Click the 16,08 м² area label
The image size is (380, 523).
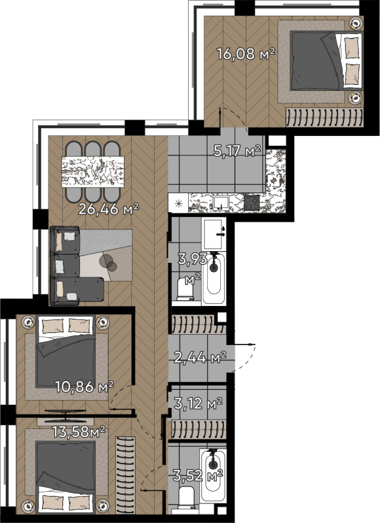click(x=246, y=54)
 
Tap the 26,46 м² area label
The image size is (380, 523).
click(x=108, y=209)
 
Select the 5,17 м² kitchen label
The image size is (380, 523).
click(x=237, y=151)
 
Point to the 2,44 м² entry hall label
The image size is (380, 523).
click(x=200, y=358)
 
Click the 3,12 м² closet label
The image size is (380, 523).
click(x=198, y=403)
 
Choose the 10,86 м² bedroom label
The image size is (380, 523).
click(x=85, y=387)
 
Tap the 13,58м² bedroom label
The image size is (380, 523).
click(x=79, y=432)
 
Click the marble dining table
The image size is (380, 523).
click(x=93, y=171)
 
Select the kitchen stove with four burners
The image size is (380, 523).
click(x=252, y=203)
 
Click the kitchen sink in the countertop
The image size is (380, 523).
click(x=221, y=203)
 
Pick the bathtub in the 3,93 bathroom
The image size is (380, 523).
click(x=214, y=278)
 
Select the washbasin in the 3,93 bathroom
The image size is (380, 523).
click(x=213, y=234)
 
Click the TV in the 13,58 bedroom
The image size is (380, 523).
click(x=65, y=413)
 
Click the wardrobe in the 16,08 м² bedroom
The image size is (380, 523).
click(x=324, y=118)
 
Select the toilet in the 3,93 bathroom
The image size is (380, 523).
click(x=185, y=287)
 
